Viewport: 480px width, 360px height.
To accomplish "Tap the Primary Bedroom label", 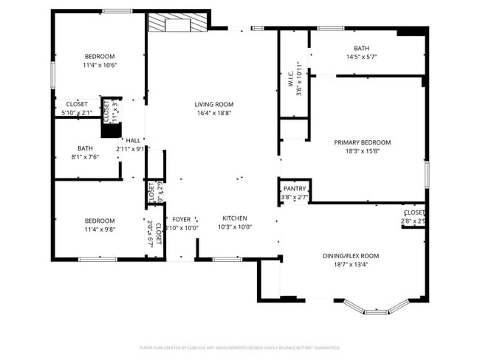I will coord(362,142).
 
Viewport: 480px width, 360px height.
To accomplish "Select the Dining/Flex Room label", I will coord(351,256).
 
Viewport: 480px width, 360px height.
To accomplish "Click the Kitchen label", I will coord(235,218).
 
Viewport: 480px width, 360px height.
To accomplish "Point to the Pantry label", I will coord(295,189).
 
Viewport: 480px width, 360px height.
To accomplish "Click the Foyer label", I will coord(181,219).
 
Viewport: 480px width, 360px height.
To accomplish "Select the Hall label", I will coord(133,140).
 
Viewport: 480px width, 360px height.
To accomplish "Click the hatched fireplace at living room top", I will coord(178,24).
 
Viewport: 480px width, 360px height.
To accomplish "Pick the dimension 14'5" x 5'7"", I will coord(361,58).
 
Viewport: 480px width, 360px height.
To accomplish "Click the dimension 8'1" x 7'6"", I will coord(85,156).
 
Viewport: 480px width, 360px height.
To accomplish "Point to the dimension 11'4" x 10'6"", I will coord(100,65).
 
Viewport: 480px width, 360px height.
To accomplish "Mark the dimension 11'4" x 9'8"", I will coord(100,229).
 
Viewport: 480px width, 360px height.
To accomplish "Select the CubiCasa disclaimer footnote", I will coord(239,347).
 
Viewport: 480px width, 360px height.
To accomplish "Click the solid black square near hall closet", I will coord(111,131).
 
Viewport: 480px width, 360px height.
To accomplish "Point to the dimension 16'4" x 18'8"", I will coord(214,114).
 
